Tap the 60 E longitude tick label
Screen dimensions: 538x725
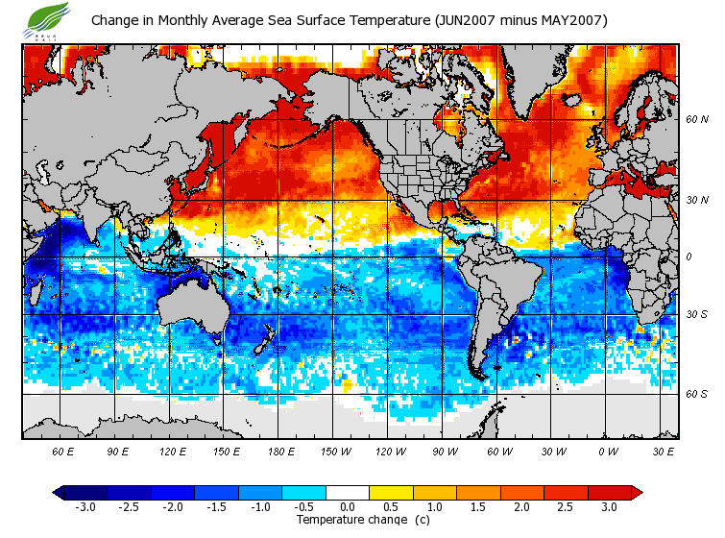click(x=64, y=452)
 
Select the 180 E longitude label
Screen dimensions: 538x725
click(x=281, y=452)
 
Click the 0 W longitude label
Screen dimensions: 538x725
click(x=608, y=452)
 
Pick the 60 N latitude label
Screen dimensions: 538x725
click(x=697, y=120)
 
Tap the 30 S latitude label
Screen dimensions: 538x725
click(x=697, y=314)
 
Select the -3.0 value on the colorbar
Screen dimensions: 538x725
click(x=85, y=507)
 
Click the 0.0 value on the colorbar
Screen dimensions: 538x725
click(x=348, y=507)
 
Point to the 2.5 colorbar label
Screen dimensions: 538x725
click(x=566, y=507)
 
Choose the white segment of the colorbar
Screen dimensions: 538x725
click(x=348, y=493)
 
